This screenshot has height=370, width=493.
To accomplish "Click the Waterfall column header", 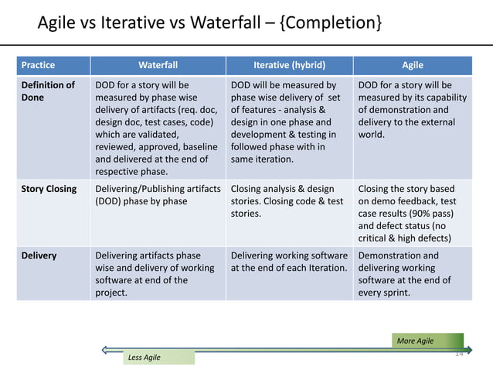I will (158, 65).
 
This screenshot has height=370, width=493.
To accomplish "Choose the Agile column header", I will (412, 65).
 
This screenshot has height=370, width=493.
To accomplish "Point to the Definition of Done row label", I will (48, 91).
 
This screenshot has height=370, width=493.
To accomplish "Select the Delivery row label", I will (39, 255).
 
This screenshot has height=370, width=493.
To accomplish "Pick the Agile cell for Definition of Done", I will (411, 109).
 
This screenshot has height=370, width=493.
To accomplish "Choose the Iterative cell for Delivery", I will (289, 262).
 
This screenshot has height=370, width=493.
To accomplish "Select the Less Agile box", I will (158, 357).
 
